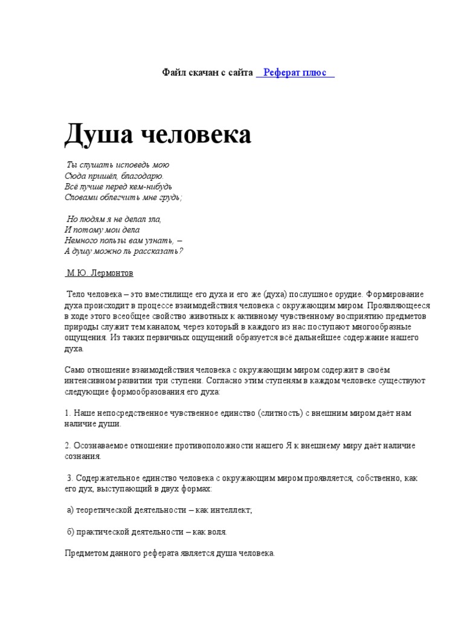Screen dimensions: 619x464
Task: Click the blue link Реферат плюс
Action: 295,73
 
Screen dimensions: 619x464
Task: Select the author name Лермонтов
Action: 114,273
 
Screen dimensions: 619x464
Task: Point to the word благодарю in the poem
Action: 138,175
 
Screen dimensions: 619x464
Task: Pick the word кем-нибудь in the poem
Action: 150,186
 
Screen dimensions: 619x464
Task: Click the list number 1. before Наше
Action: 68,413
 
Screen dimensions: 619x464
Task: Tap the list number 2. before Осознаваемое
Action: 68,446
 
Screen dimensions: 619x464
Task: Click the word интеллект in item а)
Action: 233,510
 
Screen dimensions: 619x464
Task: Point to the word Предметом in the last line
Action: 85,553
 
